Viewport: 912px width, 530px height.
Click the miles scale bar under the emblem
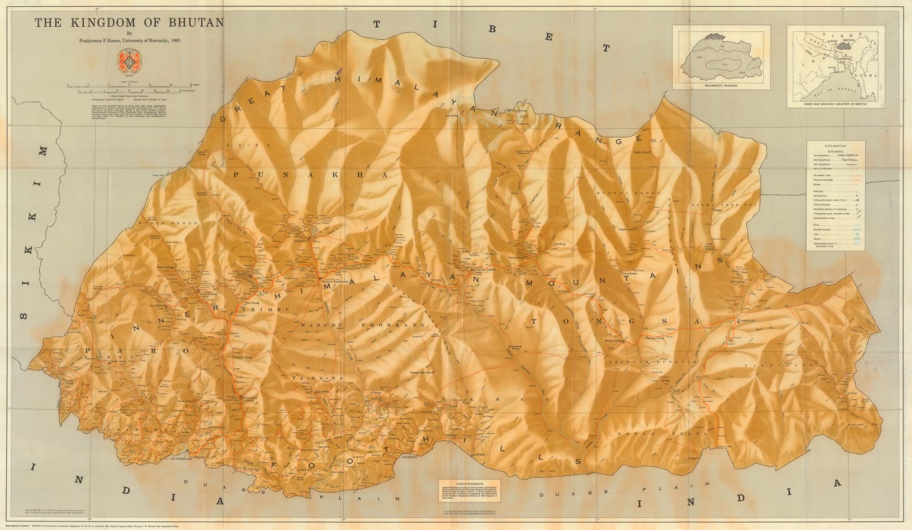coord(131,87)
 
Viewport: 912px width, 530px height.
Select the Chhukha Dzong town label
coord(247,398)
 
